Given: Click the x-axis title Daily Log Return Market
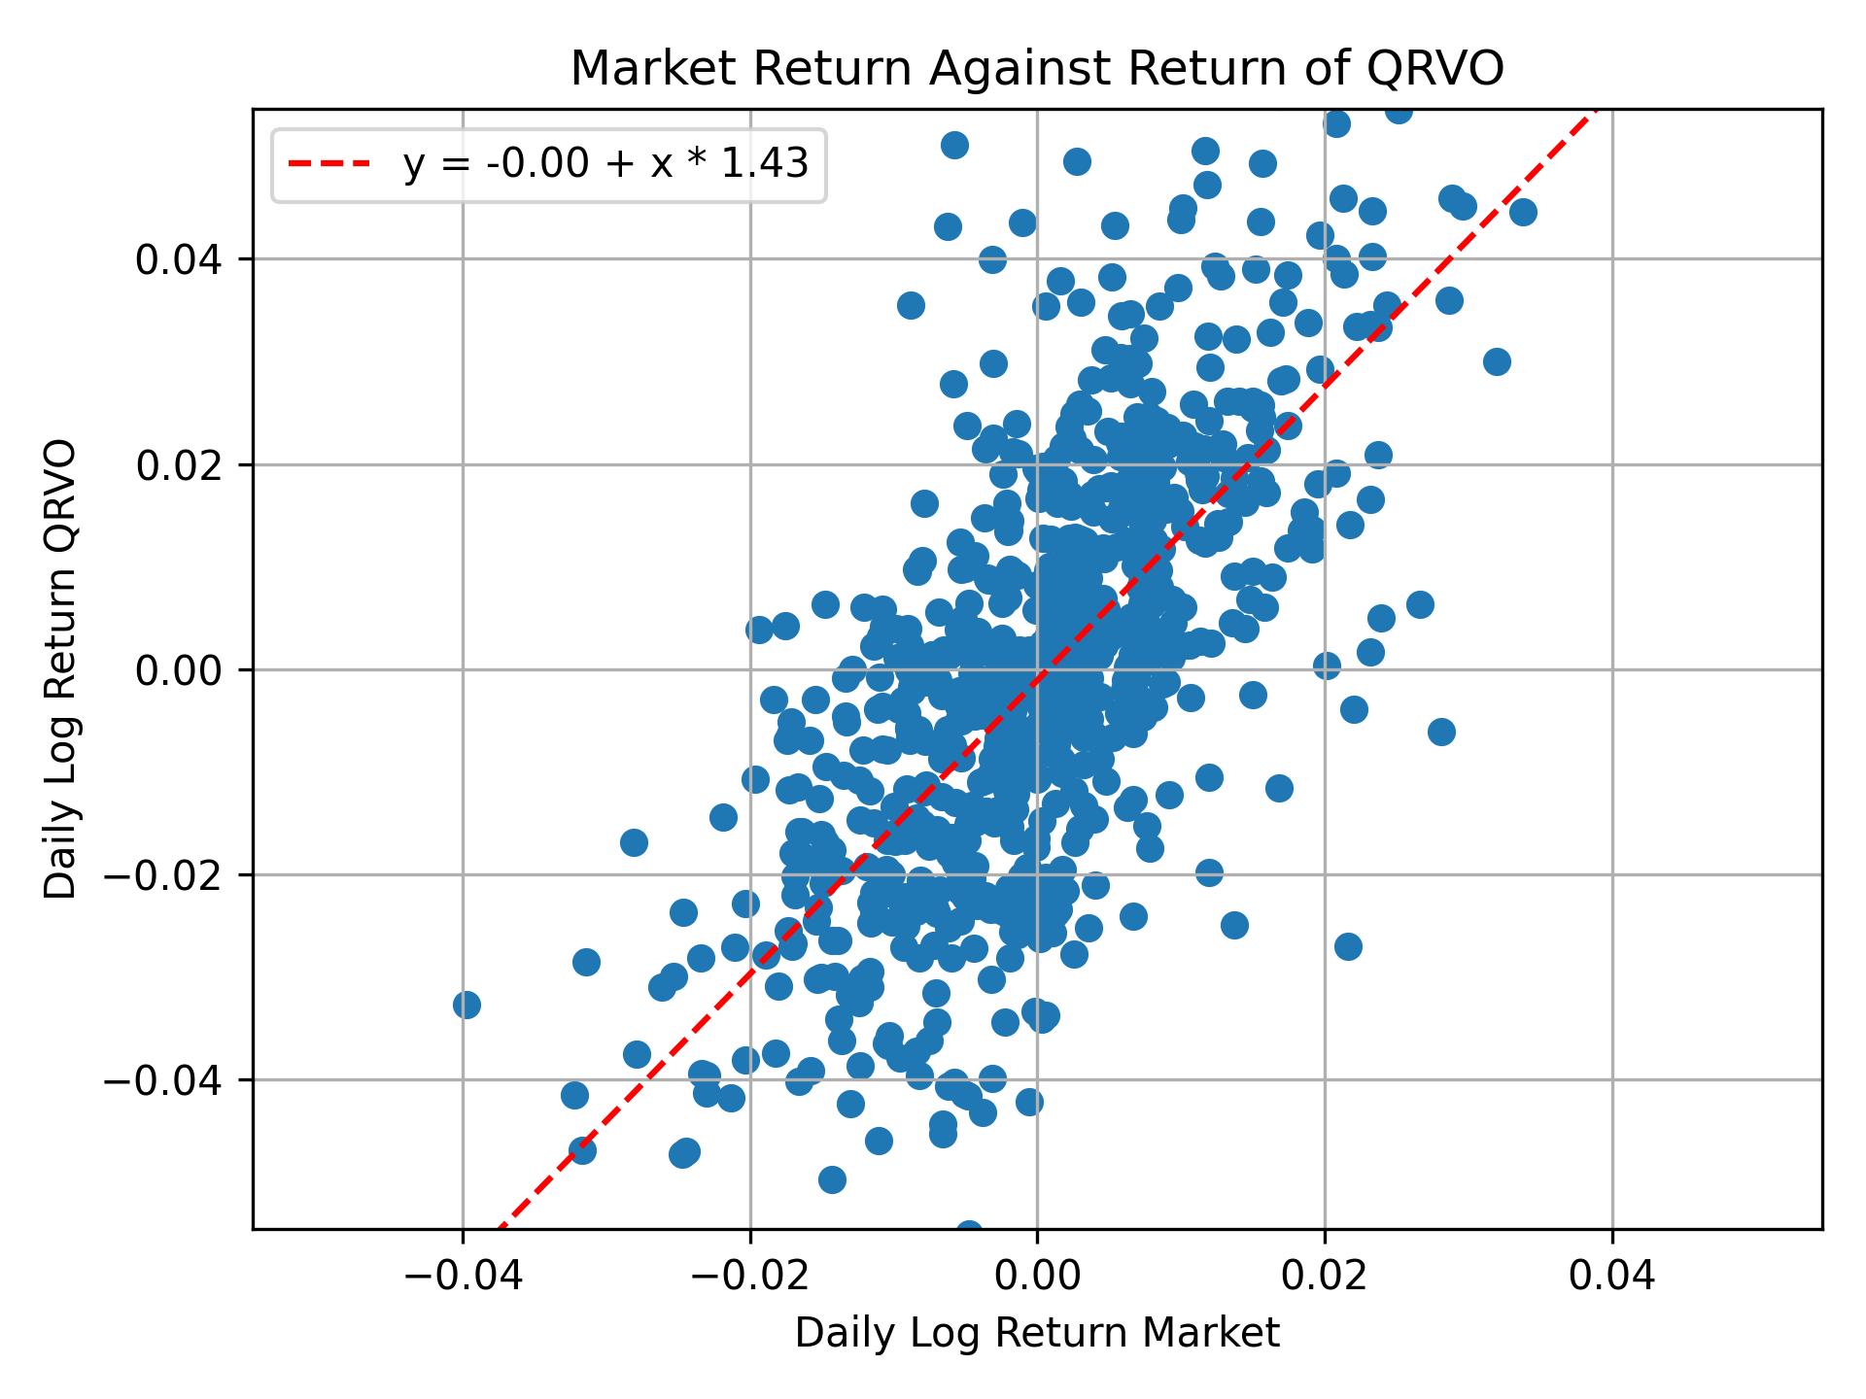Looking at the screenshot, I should point(1037,1334).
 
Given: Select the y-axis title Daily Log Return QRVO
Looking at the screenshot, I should point(61,669).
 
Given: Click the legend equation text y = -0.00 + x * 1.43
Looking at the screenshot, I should point(605,165).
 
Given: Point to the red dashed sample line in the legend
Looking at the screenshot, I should point(329,165).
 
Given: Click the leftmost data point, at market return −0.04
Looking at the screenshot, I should point(466,1005).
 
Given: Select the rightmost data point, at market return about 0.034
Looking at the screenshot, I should point(1523,212).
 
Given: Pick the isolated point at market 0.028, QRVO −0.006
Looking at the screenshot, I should point(1441,732).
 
